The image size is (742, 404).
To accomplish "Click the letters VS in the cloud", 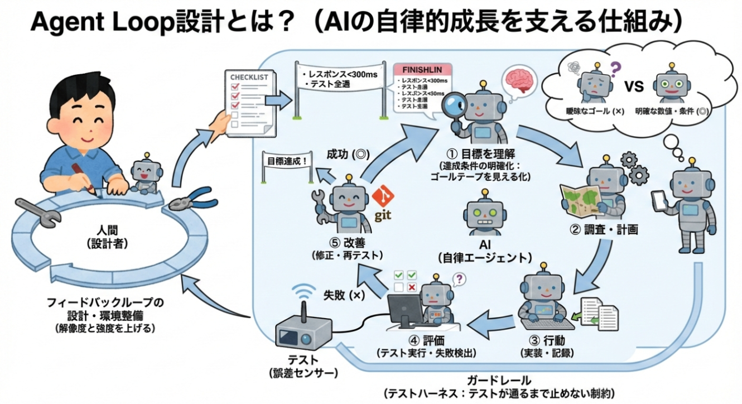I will pos(633,87).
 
